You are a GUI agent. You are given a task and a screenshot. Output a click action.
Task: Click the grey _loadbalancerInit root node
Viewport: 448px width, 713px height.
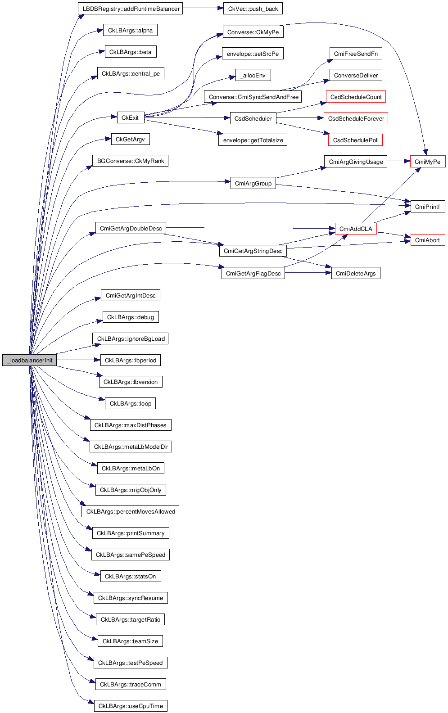point(29,360)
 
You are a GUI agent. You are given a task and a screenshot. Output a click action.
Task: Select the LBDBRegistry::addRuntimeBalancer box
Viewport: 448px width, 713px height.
point(130,9)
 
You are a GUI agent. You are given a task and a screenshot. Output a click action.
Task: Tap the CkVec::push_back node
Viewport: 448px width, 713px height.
point(253,9)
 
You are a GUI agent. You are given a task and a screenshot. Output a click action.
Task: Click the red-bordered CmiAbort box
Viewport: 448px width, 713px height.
point(427,240)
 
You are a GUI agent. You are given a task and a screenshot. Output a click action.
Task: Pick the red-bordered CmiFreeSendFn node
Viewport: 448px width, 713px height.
point(356,54)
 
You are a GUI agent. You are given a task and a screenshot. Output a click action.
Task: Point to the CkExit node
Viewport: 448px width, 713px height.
point(130,117)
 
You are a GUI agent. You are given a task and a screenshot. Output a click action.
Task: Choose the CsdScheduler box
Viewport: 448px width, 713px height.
point(253,118)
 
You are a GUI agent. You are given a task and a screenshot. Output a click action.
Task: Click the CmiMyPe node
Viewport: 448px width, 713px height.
point(427,162)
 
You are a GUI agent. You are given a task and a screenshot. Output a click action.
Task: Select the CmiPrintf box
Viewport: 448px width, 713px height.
point(427,207)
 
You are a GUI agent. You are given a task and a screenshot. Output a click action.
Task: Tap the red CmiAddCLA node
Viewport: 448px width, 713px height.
point(356,229)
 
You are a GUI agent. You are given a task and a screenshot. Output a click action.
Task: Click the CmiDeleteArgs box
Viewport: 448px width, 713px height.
point(356,273)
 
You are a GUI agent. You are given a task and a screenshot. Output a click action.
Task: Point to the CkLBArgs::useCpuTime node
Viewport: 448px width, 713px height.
point(131,706)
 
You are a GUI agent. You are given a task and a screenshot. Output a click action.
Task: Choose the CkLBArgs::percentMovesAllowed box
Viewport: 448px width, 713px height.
point(131,511)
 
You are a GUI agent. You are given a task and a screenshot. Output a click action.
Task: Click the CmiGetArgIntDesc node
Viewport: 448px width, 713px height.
point(130,295)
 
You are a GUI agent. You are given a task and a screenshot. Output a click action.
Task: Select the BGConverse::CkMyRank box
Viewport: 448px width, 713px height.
point(130,161)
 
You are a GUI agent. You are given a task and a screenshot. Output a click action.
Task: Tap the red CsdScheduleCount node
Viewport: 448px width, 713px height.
point(356,97)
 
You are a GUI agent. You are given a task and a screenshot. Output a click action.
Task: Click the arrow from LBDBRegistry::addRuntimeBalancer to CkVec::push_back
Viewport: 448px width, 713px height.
point(203,8)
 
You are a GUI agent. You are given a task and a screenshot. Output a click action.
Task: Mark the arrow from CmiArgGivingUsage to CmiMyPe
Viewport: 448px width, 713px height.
point(398,161)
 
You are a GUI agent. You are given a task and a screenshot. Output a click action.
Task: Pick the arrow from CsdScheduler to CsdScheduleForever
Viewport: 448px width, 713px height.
point(300,118)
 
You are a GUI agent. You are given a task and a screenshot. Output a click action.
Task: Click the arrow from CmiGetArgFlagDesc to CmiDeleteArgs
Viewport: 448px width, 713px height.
point(308,273)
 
